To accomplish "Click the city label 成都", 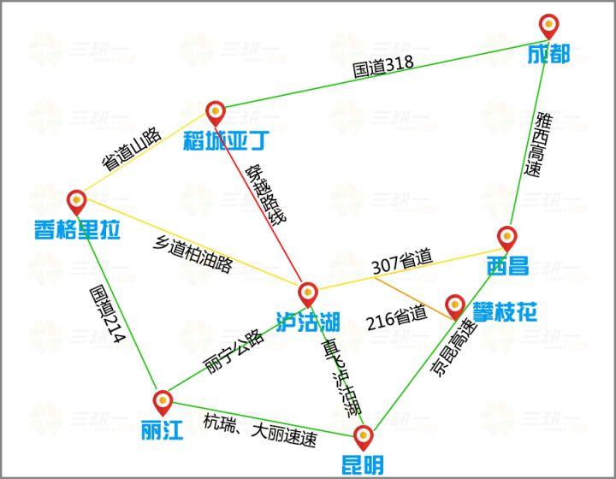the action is pyautogui.click(x=548, y=55).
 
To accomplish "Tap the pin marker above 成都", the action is pyautogui.click(x=548, y=26).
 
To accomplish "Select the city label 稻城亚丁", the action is pyautogui.click(x=220, y=139).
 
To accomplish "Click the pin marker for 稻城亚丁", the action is pyautogui.click(x=216, y=111).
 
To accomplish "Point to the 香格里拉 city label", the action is pyautogui.click(x=78, y=229).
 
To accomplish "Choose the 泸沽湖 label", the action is pyautogui.click(x=308, y=322).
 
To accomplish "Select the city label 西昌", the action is pyautogui.click(x=506, y=265).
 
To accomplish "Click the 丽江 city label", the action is pyautogui.click(x=163, y=429).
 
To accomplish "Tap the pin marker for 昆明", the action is pyautogui.click(x=364, y=437).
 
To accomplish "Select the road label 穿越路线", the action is pyautogui.click(x=265, y=194).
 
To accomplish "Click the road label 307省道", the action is pyautogui.click(x=402, y=262).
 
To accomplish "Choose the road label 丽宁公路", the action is pyautogui.click(x=233, y=349).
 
